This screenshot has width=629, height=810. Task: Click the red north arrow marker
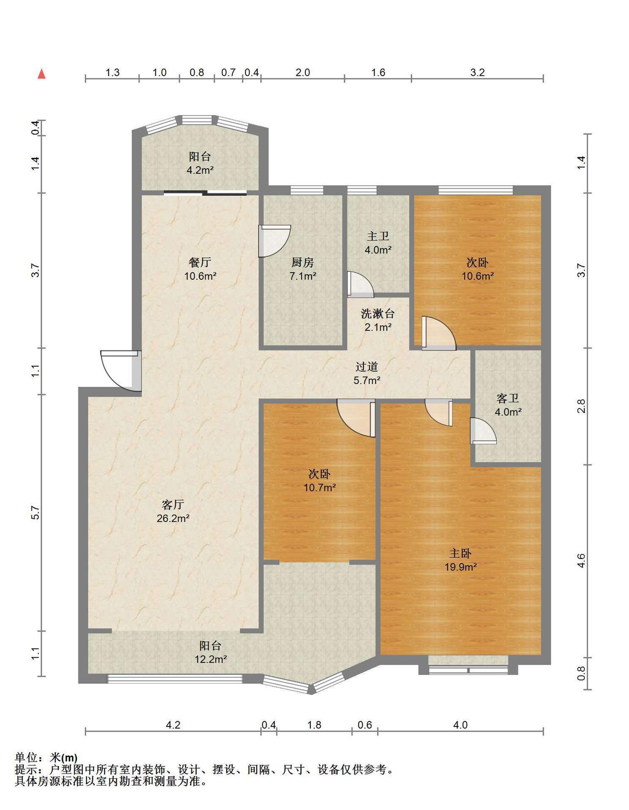pos(41,74)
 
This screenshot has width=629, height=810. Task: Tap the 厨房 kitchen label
pos(303,262)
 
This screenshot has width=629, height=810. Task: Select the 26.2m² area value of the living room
pos(173,518)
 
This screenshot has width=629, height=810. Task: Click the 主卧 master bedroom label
pos(460,553)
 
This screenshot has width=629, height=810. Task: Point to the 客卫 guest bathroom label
pos(508,398)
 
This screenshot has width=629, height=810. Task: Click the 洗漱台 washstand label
pos(378,313)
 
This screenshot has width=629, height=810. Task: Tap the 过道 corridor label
pos(366,367)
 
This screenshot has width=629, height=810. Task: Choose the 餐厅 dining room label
pos(200,262)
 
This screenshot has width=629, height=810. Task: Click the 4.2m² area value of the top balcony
pos(200,170)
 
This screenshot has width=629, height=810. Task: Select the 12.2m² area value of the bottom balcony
pos(211,659)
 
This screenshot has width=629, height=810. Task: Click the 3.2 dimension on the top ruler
pos(477,73)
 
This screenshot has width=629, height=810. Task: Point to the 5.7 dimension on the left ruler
pos(36,513)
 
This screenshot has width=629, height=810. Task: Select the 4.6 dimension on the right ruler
pos(581,561)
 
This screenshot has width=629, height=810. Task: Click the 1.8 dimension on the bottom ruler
pos(314,725)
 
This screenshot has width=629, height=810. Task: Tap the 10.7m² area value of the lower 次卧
pos(320,488)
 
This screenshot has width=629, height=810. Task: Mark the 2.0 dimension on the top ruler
pos(303,73)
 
